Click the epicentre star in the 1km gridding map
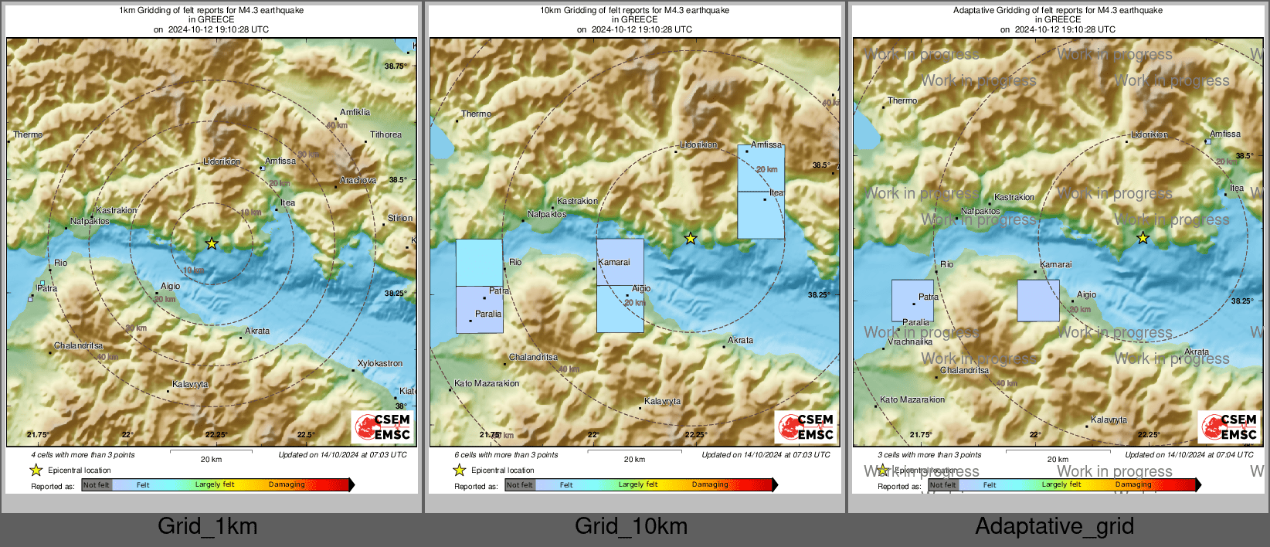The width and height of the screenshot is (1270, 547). click(x=212, y=243)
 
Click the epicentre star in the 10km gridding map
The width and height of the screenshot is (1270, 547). click(x=691, y=239)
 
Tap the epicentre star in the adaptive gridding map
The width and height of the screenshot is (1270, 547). click(x=1143, y=238)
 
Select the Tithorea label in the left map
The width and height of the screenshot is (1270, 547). click(x=385, y=134)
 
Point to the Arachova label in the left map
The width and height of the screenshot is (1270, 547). click(x=358, y=180)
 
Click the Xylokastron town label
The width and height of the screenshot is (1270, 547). click(x=379, y=363)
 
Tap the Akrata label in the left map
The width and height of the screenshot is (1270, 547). click(x=257, y=331)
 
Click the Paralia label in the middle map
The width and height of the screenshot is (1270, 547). click(x=488, y=314)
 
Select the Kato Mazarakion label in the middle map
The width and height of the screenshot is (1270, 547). click(x=487, y=383)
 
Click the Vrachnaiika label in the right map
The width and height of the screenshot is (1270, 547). click(x=909, y=341)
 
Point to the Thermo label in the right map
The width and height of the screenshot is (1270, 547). click(x=902, y=100)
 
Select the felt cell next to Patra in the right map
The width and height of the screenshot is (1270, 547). click(x=912, y=301)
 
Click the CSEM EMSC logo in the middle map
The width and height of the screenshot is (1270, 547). click(x=806, y=426)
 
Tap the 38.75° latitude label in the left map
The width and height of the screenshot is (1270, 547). click(x=395, y=66)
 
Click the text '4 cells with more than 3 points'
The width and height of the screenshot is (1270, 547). click(x=83, y=455)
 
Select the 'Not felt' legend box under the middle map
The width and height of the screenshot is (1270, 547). click(x=520, y=485)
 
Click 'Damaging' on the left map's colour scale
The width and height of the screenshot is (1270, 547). click(x=287, y=484)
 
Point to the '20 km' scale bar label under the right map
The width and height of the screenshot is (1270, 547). click(x=1058, y=459)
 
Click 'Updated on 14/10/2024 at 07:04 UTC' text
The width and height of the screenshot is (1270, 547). click(x=1189, y=455)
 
